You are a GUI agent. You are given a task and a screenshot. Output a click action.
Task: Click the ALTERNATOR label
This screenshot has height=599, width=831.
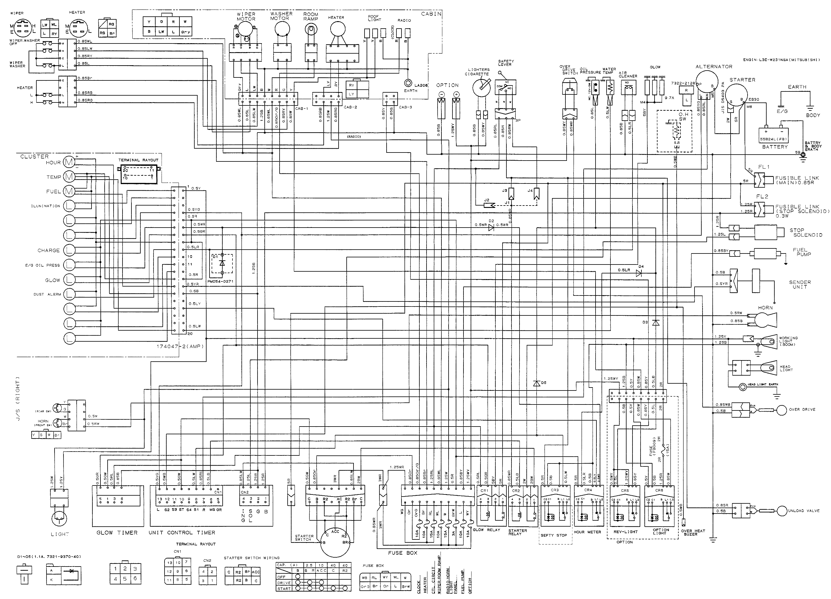[714, 67]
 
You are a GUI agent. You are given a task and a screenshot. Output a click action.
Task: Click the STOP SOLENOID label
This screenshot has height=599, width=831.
[806, 233]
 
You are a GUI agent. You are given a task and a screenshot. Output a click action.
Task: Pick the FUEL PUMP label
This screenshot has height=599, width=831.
[802, 252]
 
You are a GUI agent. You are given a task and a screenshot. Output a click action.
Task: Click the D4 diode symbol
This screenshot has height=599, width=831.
[639, 273]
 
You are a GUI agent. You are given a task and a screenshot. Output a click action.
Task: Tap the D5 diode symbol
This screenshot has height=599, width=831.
[537, 383]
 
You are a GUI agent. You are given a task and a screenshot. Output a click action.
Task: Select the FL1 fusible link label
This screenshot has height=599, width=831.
[764, 167]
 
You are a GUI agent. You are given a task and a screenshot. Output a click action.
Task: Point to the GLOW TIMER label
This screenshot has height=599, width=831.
[117, 533]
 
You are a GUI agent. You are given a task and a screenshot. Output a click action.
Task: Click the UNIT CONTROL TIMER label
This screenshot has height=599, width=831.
[182, 533]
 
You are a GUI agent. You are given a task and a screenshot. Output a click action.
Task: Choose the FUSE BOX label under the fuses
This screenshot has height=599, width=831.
[403, 553]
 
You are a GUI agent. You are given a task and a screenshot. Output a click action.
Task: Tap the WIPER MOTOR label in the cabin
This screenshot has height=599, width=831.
[246, 16]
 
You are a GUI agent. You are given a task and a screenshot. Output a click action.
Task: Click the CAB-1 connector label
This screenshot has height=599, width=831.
[302, 108]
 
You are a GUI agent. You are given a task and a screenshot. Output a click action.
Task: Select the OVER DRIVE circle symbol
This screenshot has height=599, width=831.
[782, 410]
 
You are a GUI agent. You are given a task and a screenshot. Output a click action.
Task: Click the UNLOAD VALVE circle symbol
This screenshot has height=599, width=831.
[782, 511]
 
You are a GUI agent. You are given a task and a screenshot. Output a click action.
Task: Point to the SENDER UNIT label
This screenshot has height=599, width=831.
[800, 284]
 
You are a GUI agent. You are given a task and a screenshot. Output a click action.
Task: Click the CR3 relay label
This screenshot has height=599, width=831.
[555, 490]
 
